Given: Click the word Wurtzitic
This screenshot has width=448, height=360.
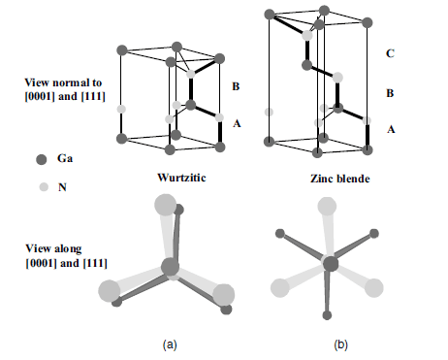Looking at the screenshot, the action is point(181,178).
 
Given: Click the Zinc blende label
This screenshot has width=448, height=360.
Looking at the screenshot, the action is point(340,179).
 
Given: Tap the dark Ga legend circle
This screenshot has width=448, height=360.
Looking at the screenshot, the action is point(42,159).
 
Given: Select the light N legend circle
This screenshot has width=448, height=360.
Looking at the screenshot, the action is point(44,187).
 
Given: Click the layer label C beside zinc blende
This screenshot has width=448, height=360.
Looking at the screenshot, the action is point(390,53).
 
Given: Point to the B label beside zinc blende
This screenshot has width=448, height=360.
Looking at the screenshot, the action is point(390,93).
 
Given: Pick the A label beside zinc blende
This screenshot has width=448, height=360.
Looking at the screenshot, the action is point(391,129).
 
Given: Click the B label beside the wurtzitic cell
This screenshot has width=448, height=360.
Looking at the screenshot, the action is point(236,86).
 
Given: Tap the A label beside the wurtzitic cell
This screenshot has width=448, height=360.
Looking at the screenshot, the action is point(237,123).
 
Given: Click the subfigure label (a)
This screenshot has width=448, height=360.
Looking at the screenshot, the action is point(170,344).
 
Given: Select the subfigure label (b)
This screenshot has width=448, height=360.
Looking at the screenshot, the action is point(340,344).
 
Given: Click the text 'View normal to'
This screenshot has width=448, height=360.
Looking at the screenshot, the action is point(63,82).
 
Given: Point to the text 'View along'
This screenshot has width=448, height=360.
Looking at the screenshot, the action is point(53,248).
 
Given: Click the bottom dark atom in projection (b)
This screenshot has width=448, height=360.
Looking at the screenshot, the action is point(327,315).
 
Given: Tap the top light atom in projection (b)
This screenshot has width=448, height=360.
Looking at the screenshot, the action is point(327,206).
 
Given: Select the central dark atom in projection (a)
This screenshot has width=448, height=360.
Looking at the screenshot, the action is point(170,267).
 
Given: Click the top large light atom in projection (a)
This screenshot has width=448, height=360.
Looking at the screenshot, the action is point(166,205).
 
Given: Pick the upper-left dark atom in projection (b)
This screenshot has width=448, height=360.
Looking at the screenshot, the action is point(280,234).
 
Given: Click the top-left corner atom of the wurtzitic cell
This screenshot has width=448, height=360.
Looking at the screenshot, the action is point(122,50).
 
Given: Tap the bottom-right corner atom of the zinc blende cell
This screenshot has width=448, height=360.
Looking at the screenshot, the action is point(367,150).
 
